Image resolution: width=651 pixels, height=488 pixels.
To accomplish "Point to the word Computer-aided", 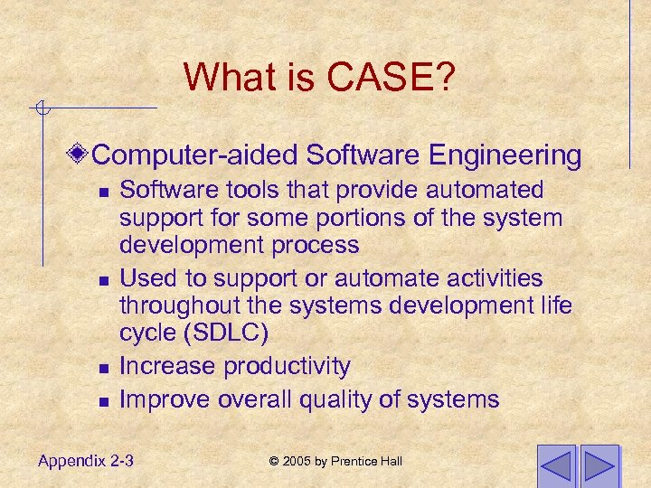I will pyautogui.click(x=195, y=155).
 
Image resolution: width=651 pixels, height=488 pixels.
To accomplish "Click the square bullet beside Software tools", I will pyautogui.click(x=104, y=192).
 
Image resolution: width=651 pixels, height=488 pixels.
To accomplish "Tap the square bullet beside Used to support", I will pyautogui.click(x=104, y=280).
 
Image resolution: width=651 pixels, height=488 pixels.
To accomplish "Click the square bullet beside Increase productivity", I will pyautogui.click(x=104, y=368).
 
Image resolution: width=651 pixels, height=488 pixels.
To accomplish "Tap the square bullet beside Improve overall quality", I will pyautogui.click(x=104, y=401).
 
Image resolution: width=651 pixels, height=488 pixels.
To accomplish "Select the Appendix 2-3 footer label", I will pyautogui.click(x=86, y=461).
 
